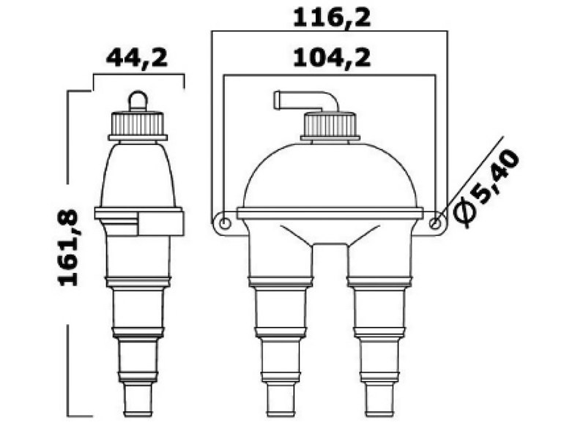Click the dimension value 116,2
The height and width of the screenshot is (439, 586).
[331, 18]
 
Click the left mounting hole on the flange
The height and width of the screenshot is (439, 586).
[225, 222]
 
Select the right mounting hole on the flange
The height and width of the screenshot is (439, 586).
[436, 222]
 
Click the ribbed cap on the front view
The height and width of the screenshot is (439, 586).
[330, 125]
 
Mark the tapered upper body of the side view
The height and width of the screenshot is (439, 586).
[138, 172]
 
